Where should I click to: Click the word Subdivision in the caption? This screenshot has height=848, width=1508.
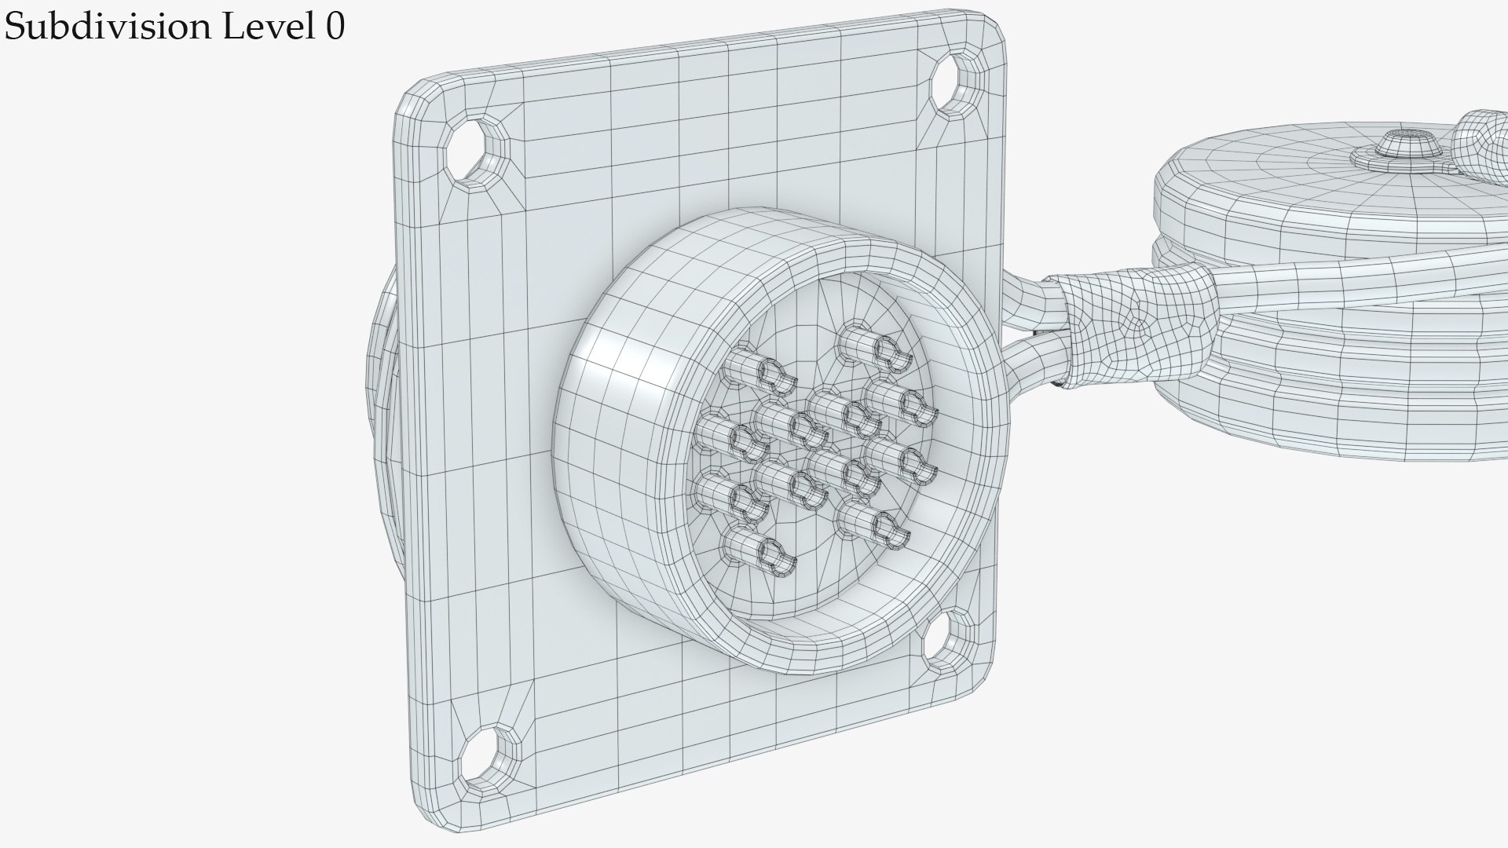click(107, 27)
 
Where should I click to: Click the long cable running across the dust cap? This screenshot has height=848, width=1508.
click(1335, 275)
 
